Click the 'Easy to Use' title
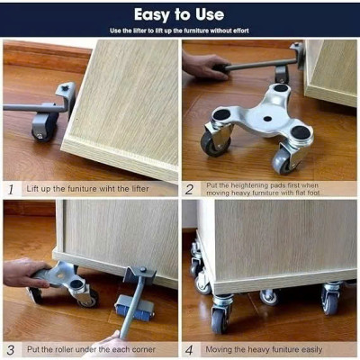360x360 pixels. (x=179, y=14)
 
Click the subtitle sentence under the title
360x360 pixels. (x=179, y=30)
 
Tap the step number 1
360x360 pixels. (x=11, y=190)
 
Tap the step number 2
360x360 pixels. (x=190, y=190)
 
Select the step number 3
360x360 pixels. (x=11, y=349)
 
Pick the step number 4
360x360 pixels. (x=190, y=349)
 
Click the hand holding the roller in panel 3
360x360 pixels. (x=25, y=273)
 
